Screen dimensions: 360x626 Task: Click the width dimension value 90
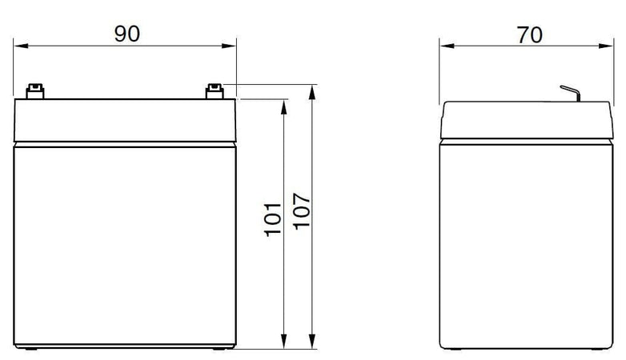click(126, 33)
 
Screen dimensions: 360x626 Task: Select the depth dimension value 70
click(528, 34)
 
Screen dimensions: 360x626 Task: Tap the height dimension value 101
click(274, 218)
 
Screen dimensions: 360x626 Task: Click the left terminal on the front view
click(34, 92)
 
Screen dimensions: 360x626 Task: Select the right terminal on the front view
click(214, 92)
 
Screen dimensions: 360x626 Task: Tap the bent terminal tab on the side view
click(569, 94)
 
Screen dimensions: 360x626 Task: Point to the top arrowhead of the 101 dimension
click(284, 105)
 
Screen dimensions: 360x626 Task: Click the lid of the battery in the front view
click(125, 120)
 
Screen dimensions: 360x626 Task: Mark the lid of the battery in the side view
click(526, 120)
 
